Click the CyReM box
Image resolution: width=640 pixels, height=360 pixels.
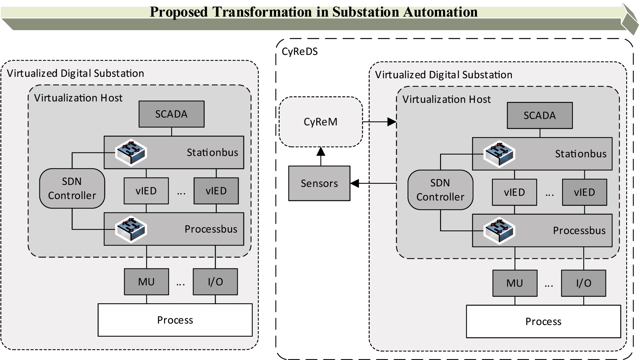tap(321, 122)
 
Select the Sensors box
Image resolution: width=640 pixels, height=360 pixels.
tap(319, 183)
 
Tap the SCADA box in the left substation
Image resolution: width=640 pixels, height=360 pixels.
tap(172, 114)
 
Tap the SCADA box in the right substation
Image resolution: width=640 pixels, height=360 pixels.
tap(539, 116)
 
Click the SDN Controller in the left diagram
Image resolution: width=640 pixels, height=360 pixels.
tap(72, 188)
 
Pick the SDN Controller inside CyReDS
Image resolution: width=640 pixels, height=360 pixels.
tap(440, 190)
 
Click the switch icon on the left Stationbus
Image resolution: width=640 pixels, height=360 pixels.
tap(131, 152)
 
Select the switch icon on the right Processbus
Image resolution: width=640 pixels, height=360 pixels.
tap(499, 230)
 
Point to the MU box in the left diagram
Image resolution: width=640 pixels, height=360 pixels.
tap(146, 282)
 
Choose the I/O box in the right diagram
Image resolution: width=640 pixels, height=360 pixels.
tap(583, 283)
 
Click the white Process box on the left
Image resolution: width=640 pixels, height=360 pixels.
tap(175, 320)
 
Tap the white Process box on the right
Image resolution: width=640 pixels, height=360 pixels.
tap(543, 322)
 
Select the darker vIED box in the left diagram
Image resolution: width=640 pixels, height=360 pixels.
tap(216, 191)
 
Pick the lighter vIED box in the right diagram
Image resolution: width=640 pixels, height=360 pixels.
tap(514, 192)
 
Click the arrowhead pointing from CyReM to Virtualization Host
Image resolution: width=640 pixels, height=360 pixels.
tap(392, 122)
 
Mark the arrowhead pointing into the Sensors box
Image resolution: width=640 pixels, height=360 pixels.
tap(355, 183)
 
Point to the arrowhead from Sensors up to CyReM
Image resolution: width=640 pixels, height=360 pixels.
tap(321, 151)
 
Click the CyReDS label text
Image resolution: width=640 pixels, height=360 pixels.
tap(300, 52)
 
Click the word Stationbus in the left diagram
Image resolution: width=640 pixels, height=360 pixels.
tap(212, 153)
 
